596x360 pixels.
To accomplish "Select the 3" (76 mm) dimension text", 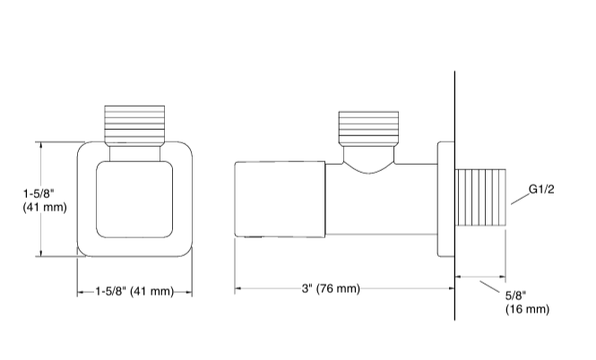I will click(x=331, y=288).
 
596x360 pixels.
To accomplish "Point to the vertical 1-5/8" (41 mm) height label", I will click(x=44, y=199).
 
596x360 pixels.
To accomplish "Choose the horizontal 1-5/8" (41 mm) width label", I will click(x=134, y=292).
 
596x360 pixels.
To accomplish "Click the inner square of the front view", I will click(x=134, y=201).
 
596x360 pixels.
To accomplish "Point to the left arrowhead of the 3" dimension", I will click(x=238, y=288).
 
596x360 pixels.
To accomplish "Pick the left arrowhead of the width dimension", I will click(x=80, y=292).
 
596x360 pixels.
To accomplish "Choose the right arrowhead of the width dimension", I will click(x=191, y=292).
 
